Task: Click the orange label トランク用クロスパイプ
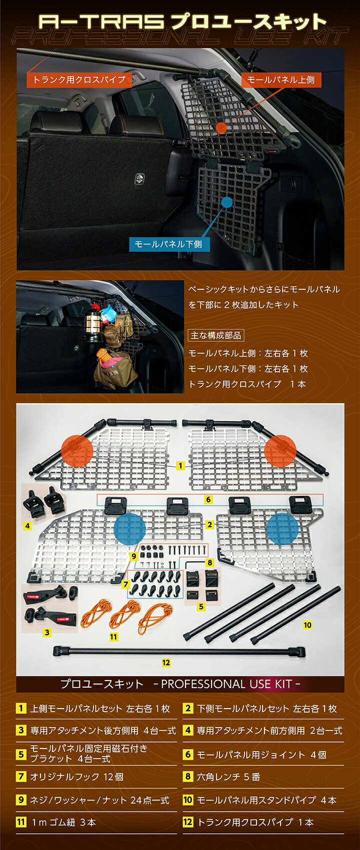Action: pos(79,79)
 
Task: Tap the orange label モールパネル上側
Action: pos(281,80)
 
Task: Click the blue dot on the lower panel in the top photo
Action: pos(227,202)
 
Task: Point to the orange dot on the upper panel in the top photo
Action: pos(221,127)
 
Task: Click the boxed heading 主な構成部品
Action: pos(216,335)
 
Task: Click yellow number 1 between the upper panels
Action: pos(180,466)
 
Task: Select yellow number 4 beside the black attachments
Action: pos(27,526)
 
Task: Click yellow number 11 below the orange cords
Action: pos(113,637)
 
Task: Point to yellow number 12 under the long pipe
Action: pos(166,663)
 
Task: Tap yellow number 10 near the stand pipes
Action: pos(307,625)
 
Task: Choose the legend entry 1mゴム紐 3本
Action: pos(63,822)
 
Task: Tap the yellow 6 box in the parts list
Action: pos(188,754)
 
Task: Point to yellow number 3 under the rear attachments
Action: pos(47,633)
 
